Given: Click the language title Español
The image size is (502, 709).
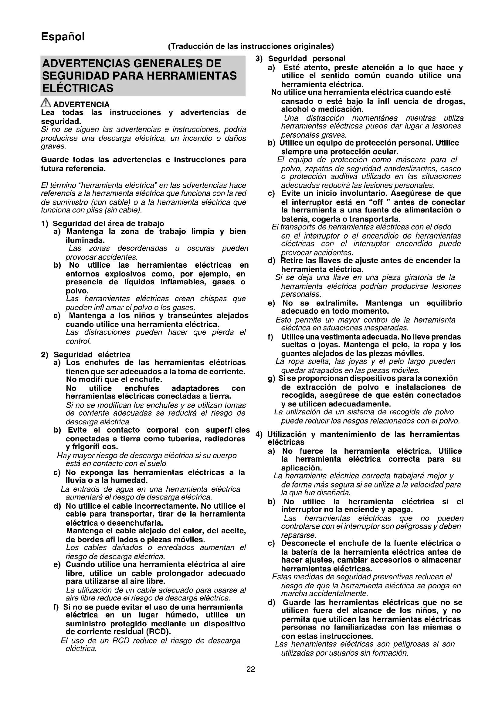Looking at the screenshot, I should click(63, 37).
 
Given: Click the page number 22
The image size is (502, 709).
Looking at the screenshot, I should click(251, 669).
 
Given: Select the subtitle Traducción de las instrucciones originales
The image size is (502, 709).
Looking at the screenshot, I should click(251, 47).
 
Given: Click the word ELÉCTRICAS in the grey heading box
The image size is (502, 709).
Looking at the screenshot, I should click(78, 89).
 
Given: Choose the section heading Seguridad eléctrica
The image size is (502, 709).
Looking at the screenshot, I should click(92, 355).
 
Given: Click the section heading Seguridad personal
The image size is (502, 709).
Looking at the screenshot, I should click(307, 59).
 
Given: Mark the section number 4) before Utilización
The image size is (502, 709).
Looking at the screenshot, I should click(259, 434).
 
